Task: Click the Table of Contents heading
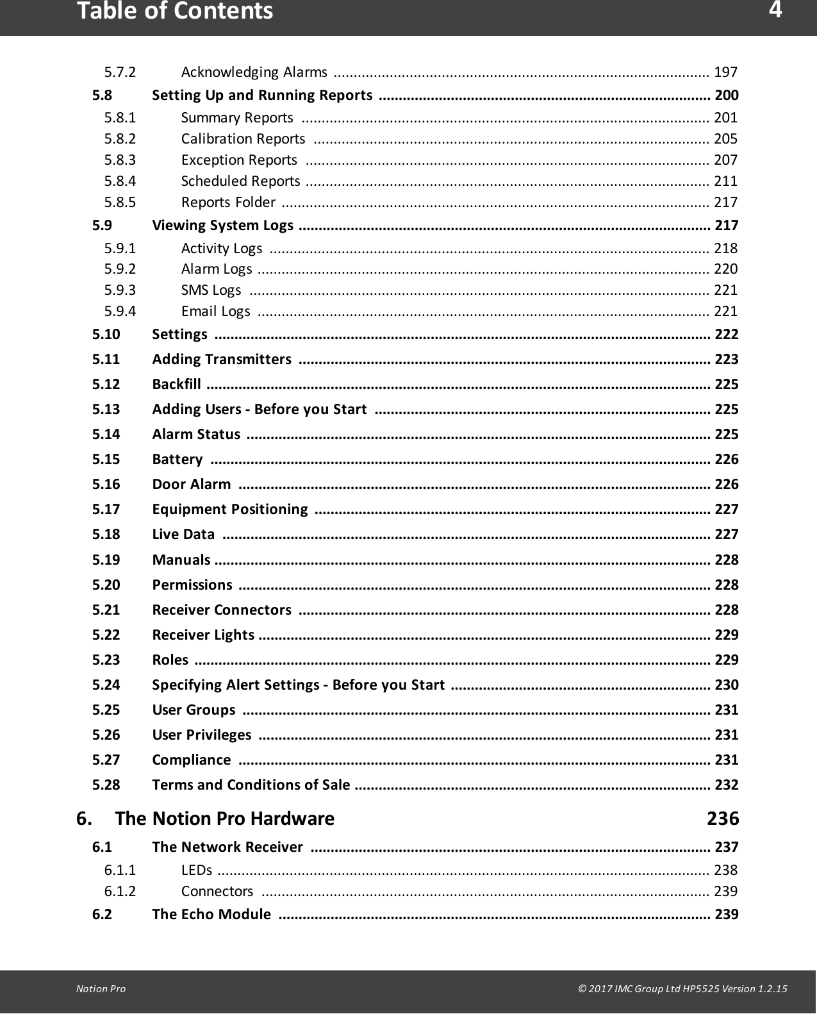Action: [x=175, y=12]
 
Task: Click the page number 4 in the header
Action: [x=775, y=10]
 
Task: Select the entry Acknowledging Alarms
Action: [x=254, y=71]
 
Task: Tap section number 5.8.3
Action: [x=120, y=160]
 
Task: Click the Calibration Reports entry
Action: [x=243, y=138]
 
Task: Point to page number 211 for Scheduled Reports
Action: [x=725, y=181]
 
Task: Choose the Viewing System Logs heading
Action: [x=222, y=225]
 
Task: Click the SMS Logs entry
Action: [x=211, y=290]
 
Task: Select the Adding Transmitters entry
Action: [x=221, y=359]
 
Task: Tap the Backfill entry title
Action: [x=176, y=384]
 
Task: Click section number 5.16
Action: [x=106, y=484]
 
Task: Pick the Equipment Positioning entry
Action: [x=229, y=509]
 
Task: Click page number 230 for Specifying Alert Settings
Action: [x=726, y=685]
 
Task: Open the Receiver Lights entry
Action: [x=202, y=635]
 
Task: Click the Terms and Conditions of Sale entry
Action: [x=251, y=785]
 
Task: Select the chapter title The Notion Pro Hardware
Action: [x=225, y=819]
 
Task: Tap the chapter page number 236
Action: [x=722, y=819]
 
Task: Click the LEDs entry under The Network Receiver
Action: [x=196, y=870]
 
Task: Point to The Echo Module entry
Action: [x=211, y=914]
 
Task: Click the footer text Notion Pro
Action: [x=101, y=988]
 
